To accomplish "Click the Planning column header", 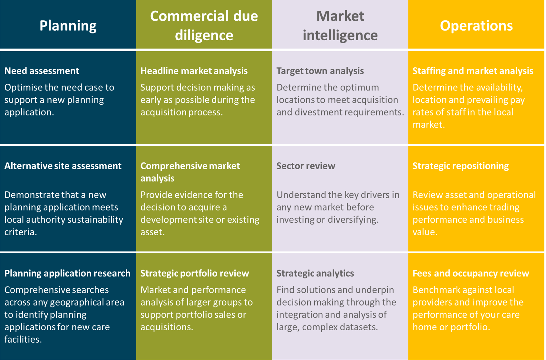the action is [x=68, y=25].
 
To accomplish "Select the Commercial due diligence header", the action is [x=204, y=25].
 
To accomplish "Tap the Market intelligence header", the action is [x=340, y=25].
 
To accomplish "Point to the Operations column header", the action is [x=476, y=25].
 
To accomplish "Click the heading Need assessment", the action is [x=42, y=71].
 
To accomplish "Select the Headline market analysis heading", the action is [x=194, y=71].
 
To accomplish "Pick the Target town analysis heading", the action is [x=320, y=71].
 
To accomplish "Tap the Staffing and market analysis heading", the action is [x=473, y=71].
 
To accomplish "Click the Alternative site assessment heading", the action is [x=63, y=166].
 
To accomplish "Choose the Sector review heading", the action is [x=306, y=166].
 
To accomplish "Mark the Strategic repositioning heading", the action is [x=461, y=166].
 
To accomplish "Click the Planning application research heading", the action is [x=67, y=273].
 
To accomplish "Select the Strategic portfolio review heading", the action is [x=195, y=273].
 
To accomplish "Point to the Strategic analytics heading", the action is [x=315, y=273].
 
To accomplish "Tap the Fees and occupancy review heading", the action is [x=471, y=273].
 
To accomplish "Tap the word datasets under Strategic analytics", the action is [x=359, y=327].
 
